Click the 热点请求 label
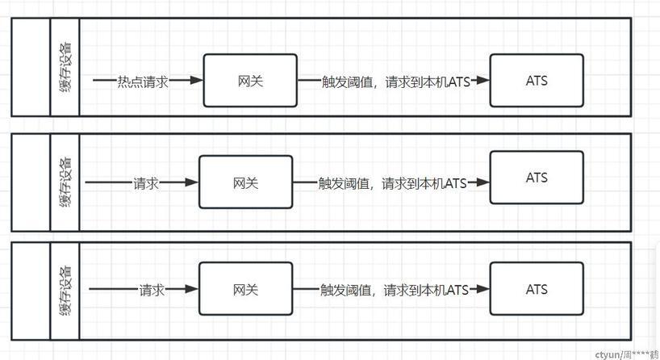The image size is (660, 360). [x=143, y=81]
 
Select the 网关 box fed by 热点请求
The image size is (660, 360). [x=250, y=81]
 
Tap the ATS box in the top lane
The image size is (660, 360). [x=537, y=80]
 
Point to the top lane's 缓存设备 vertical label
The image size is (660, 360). [x=65, y=66]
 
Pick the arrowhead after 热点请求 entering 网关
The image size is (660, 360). [x=194, y=81]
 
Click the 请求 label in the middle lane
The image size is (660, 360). [x=146, y=183]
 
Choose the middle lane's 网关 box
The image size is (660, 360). [x=245, y=182]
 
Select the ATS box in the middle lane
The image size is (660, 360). [x=537, y=178]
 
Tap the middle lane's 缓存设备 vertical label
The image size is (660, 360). [x=65, y=182]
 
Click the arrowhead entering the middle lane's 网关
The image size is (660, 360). [x=191, y=183]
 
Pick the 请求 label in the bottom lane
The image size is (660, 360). [x=152, y=290]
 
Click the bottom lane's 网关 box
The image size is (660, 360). [x=245, y=289]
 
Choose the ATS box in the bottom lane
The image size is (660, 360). [x=537, y=289]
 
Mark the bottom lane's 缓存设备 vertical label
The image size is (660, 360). [x=65, y=289]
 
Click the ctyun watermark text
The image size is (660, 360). [x=626, y=354]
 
